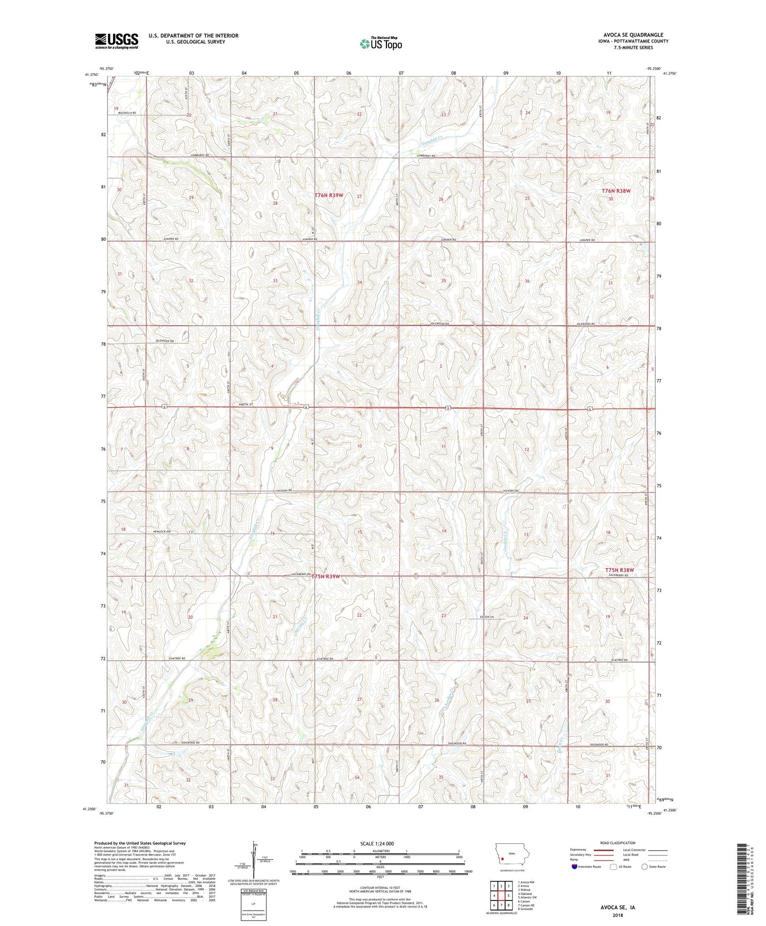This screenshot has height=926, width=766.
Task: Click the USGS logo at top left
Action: [117, 40]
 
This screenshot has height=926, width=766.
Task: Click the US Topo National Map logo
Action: [380, 43]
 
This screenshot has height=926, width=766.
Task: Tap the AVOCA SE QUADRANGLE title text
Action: [629, 35]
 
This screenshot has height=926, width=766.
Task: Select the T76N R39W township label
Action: [329, 195]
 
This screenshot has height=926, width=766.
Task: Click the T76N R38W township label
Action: [616, 191]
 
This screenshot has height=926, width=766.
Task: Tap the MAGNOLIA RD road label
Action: [127, 113]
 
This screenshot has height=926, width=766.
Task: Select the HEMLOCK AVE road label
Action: [162, 531]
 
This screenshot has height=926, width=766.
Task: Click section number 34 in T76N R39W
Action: [360, 282]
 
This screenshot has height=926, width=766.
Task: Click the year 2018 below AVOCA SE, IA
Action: [617, 915]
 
